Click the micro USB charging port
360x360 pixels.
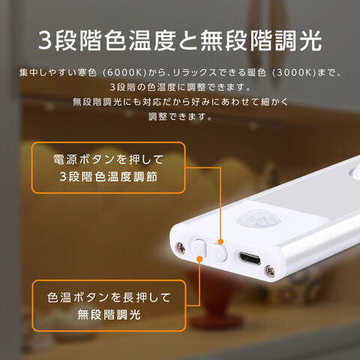pyautogui.click(x=250, y=258)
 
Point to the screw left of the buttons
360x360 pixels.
pyautogui.click(x=181, y=247)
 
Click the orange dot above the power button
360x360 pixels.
pyautogui.click(x=220, y=241)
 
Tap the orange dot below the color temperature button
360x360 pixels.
pyautogui.click(x=199, y=259)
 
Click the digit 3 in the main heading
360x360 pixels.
pyautogui.click(x=45, y=40)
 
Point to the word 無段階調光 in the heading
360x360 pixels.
pyautogui.click(x=261, y=40)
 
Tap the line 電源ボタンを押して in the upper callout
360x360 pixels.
pyautogui.click(x=109, y=160)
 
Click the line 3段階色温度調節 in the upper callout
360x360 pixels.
pyautogui.click(x=109, y=176)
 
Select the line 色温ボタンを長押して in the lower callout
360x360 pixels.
pyautogui.click(x=109, y=298)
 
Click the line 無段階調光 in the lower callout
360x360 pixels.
pyautogui.click(x=109, y=314)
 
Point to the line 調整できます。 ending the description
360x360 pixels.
pyautogui.click(x=180, y=116)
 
